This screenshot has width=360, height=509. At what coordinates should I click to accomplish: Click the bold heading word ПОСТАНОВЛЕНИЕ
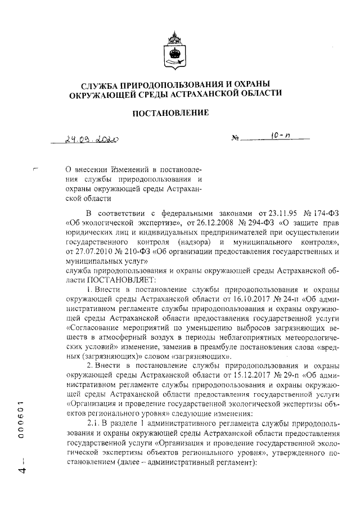pyautogui.click(x=170, y=113)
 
